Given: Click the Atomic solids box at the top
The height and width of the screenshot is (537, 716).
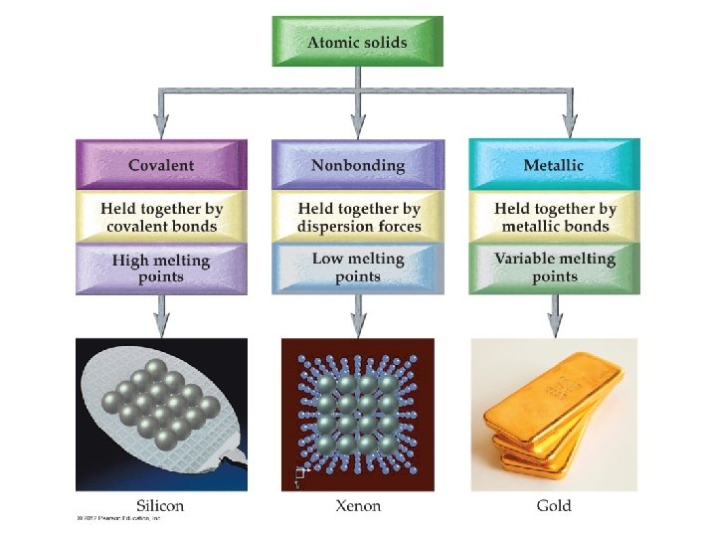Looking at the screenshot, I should coord(357,42).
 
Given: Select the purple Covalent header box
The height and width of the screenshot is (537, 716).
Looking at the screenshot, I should coord(160,164).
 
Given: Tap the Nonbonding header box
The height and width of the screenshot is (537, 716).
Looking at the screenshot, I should coord(357,164).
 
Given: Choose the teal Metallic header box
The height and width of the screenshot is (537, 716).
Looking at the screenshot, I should coord(554,164).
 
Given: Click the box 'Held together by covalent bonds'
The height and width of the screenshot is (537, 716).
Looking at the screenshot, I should coord(160,217).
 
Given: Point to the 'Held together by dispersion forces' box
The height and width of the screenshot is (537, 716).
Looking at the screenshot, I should coord(357,217).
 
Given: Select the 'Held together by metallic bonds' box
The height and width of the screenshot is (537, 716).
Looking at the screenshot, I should coord(554,217).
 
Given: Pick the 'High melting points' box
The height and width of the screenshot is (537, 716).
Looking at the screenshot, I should coord(160,268).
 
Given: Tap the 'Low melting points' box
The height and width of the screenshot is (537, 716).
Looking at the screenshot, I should coord(357,268).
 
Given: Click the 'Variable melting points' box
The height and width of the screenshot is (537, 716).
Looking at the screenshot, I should coord(554,268).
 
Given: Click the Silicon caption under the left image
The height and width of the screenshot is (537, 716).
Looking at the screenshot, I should coord(159,505).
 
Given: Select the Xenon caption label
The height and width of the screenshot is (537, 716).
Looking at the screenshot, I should coord(358,505).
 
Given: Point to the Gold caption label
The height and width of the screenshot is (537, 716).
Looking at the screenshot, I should coord(554,505).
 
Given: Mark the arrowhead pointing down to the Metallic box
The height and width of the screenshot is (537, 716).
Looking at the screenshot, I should coord(569,125).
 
